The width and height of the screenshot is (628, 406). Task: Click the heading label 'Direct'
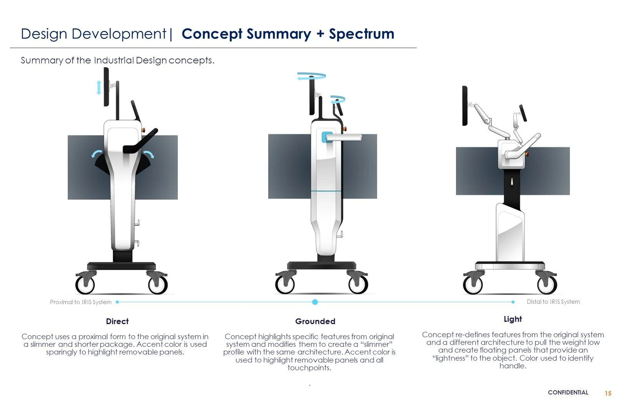(117, 321)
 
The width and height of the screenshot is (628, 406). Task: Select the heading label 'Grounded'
(315, 321)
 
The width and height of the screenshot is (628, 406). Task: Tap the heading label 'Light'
(513, 319)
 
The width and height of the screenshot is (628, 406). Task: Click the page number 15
(608, 393)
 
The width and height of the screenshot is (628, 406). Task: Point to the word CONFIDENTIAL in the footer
(568, 393)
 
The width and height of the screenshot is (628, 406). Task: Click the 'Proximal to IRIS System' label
(81, 302)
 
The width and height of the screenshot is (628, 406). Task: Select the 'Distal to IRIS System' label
(553, 302)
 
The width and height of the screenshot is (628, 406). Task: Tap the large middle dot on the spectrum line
(315, 302)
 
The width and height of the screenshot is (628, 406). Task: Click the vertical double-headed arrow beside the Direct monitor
(99, 88)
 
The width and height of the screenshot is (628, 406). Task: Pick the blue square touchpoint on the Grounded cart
(327, 137)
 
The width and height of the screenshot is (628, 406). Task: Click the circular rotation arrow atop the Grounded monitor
(312, 77)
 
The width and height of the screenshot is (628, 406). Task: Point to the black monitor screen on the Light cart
(465, 106)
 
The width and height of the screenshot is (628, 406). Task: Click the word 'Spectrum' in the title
(361, 34)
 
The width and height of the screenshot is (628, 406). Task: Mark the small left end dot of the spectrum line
(117, 302)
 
